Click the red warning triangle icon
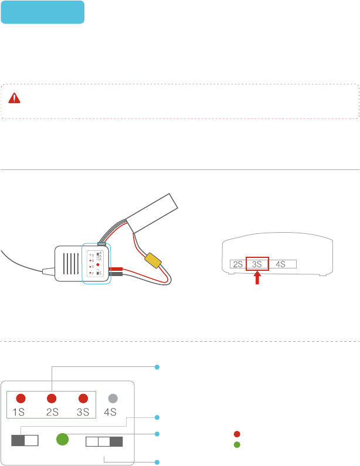14,98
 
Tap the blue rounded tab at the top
43,12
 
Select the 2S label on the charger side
237,264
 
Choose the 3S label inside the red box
257,264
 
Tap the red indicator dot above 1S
21,398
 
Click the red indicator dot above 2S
52,398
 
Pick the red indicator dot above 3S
83,398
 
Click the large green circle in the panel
62,440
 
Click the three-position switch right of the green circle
104,441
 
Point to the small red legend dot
237,434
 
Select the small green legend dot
237,444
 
